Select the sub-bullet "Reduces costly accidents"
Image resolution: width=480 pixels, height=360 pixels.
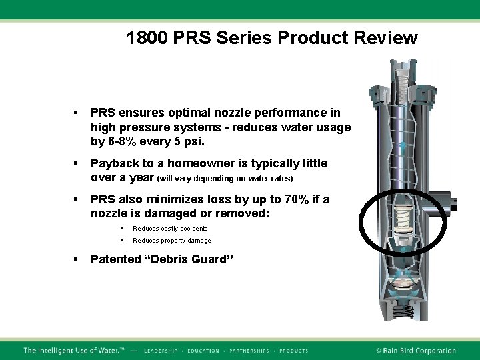170,229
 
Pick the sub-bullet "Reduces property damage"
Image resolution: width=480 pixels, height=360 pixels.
171,241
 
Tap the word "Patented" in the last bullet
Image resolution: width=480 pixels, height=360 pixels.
115,259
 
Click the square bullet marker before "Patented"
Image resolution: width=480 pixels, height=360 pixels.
77,259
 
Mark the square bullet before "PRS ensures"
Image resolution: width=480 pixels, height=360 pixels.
77,113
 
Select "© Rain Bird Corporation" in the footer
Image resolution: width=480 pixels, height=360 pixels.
415,351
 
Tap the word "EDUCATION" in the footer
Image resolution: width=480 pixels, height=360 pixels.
203,351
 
